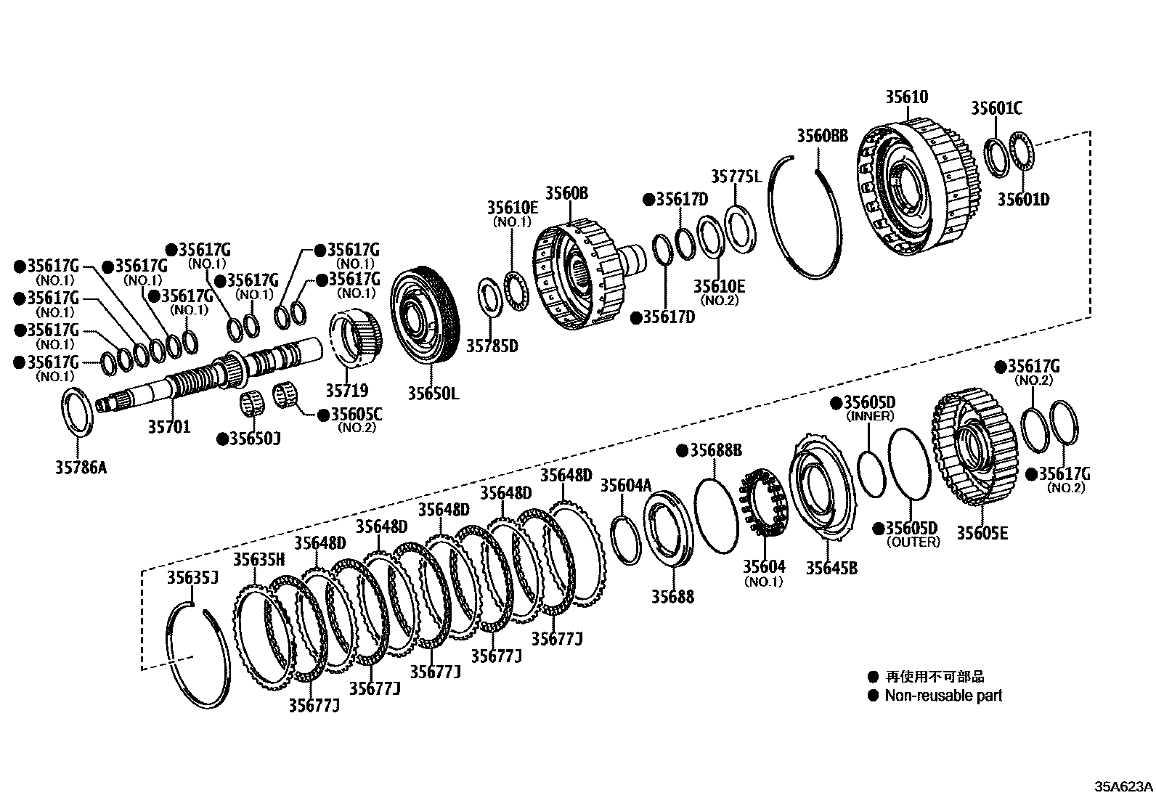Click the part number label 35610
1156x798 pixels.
(x=906, y=97)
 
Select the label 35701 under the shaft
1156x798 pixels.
(x=169, y=427)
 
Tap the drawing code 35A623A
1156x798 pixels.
(x=1123, y=786)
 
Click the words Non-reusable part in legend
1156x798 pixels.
(x=943, y=696)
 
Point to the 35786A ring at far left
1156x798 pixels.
(x=76, y=412)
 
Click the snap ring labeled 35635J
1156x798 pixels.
(x=199, y=654)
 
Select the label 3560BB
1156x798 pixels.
(x=822, y=136)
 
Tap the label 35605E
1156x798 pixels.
(x=982, y=533)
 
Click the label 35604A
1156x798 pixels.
(x=625, y=486)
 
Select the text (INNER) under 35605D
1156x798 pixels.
(x=870, y=417)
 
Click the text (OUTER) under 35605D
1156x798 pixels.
(x=913, y=542)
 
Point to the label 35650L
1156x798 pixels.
(x=433, y=394)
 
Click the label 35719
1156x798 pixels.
(x=347, y=391)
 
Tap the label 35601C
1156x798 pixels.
(x=996, y=108)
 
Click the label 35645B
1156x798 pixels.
(x=831, y=567)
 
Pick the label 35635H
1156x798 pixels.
(x=259, y=559)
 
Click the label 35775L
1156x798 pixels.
(x=736, y=176)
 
